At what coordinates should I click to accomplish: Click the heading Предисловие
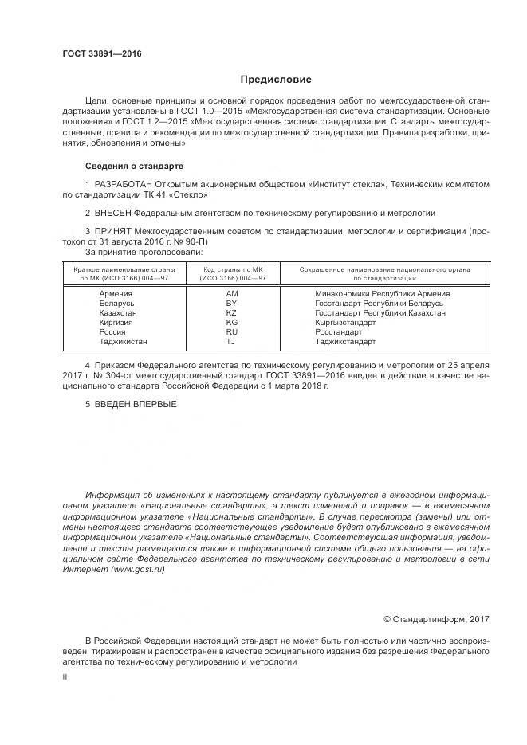point(276,80)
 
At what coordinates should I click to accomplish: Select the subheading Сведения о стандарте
point(134,166)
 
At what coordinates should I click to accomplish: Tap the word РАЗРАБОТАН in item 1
point(122,184)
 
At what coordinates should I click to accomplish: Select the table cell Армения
point(116,294)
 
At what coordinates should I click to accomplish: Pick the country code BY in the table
point(232,304)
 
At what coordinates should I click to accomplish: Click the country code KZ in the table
point(232,313)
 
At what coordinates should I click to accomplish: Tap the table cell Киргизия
point(116,323)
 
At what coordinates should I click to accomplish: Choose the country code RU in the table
point(232,331)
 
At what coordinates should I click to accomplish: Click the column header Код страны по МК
point(232,269)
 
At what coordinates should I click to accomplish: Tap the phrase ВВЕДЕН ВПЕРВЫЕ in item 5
point(136,404)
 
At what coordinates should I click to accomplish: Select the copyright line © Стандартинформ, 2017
point(436,619)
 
